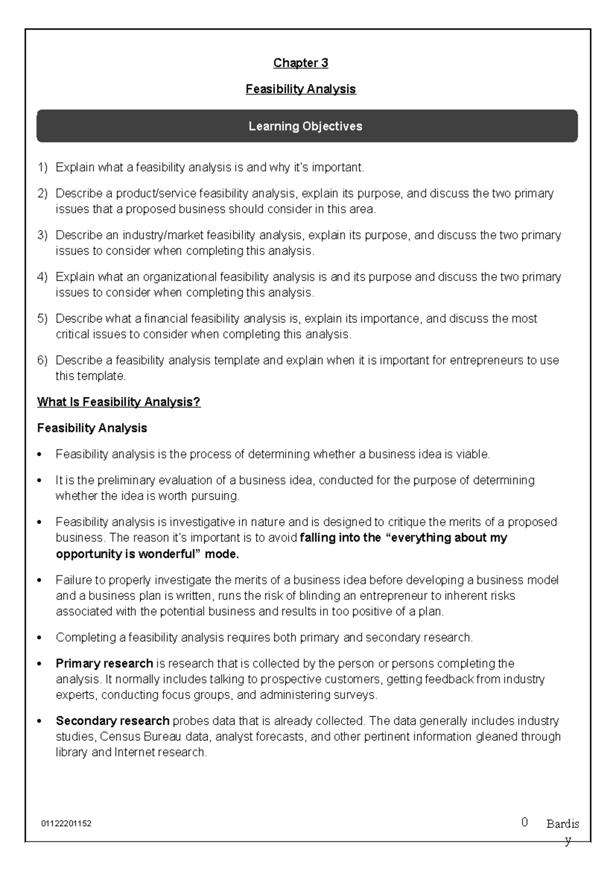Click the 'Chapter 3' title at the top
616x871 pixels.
coord(300,63)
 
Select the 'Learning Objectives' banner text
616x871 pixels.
coord(305,126)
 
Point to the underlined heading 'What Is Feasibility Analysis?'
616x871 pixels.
coord(119,402)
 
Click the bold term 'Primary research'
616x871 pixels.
coord(104,664)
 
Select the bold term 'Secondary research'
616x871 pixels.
coord(112,721)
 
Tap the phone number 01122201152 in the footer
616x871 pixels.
coord(66,824)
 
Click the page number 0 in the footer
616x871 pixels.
coord(524,822)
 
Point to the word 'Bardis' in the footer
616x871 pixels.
coord(563,824)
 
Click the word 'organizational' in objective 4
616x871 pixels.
coord(180,277)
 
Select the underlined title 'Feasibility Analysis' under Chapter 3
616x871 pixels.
coord(300,89)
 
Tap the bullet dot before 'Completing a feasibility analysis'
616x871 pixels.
coord(40,638)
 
